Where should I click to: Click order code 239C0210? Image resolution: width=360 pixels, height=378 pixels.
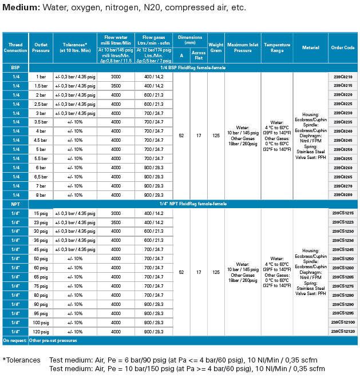point(342,77)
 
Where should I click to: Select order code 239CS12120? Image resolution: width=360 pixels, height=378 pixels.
point(342,332)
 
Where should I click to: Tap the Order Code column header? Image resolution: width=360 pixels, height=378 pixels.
point(342,47)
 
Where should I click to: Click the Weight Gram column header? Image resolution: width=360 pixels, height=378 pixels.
point(216,47)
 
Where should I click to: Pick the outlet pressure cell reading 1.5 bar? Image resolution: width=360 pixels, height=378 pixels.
point(41,86)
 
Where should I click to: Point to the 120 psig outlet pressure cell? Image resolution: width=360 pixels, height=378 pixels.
point(41,332)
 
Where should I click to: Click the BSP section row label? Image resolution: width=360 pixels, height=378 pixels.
point(15,67)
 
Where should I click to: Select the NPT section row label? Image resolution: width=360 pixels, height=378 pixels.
point(15,204)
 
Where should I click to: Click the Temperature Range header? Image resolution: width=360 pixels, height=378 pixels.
point(277,47)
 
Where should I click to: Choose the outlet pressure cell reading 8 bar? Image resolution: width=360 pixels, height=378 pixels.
point(41,195)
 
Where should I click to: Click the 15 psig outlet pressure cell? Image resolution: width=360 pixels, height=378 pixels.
point(41,213)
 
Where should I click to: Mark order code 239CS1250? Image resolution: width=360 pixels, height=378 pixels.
point(342,258)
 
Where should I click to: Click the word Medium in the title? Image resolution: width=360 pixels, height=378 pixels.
point(22,8)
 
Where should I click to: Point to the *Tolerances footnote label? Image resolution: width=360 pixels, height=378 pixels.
point(22,360)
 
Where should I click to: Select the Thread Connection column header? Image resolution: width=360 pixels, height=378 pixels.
point(15,47)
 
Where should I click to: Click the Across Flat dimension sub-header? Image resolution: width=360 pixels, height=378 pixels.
point(199,55)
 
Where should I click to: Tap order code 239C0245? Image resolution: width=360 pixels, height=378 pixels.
point(342,140)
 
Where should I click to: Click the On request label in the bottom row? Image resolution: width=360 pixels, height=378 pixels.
point(14,340)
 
